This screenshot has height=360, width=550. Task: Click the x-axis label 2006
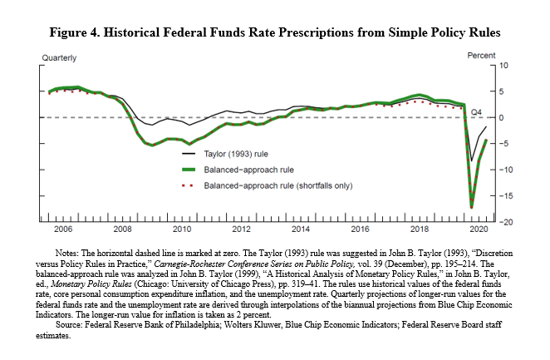[62, 229]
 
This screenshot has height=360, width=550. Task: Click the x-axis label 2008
[122, 229]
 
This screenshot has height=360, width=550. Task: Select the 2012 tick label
[242, 229]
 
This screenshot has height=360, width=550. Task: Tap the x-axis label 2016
[361, 229]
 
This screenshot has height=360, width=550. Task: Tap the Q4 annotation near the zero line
[477, 111]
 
